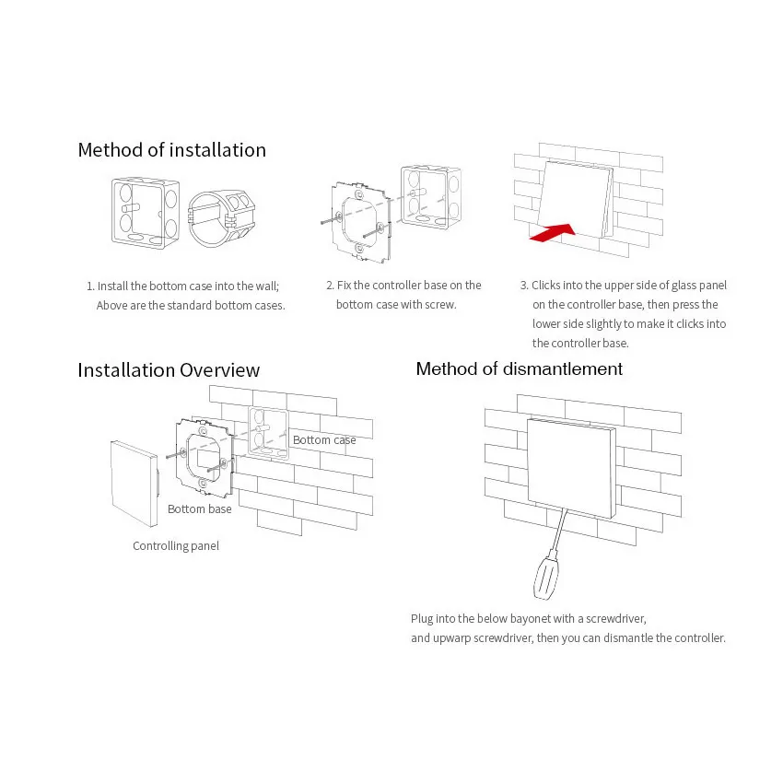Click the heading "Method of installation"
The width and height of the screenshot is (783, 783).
coord(171,150)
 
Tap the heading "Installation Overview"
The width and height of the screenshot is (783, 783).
coord(169,370)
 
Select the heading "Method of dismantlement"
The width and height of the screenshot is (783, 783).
coord(520,369)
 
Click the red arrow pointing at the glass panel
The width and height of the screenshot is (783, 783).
coord(553,232)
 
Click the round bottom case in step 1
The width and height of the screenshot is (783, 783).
coord(221,217)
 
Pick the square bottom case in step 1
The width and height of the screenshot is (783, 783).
coord(146,213)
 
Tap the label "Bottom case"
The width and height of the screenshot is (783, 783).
coord(324,440)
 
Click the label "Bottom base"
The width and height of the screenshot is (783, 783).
coord(199,508)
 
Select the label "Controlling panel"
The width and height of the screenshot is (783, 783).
coord(176,546)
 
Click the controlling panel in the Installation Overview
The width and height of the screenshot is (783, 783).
coord(134,484)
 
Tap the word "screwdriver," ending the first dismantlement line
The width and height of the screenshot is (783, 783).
coord(615,619)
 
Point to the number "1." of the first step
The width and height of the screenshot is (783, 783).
coord(90,286)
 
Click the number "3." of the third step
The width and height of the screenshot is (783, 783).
coord(524,286)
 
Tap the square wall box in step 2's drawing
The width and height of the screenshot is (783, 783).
coord(431,197)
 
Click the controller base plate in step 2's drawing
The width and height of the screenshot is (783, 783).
coord(360,221)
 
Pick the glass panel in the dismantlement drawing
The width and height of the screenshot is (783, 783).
coord(572,468)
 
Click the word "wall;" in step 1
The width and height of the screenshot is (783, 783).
coord(267,286)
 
